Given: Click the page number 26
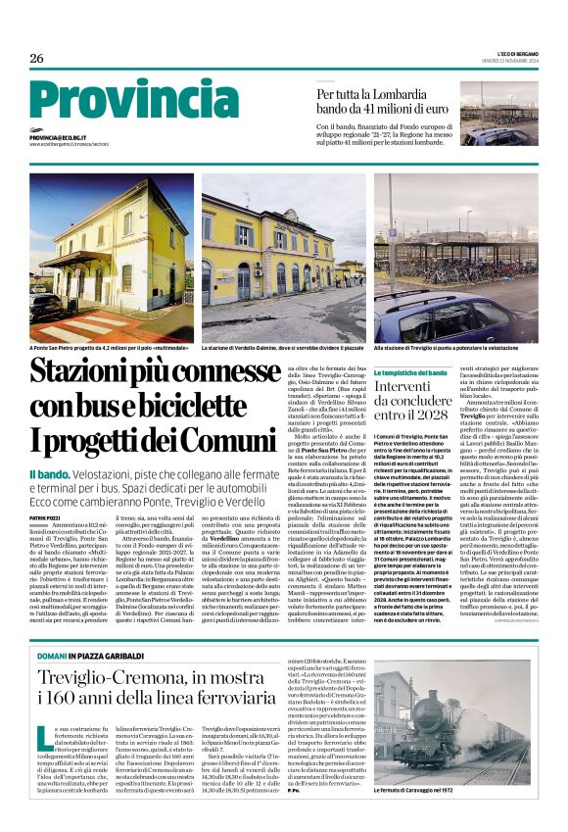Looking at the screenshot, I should pyautogui.click(x=37, y=58).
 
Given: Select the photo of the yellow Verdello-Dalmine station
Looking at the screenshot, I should pyautogui.click(x=283, y=255).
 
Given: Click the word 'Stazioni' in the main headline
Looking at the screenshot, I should pyautogui.click(x=89, y=374).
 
